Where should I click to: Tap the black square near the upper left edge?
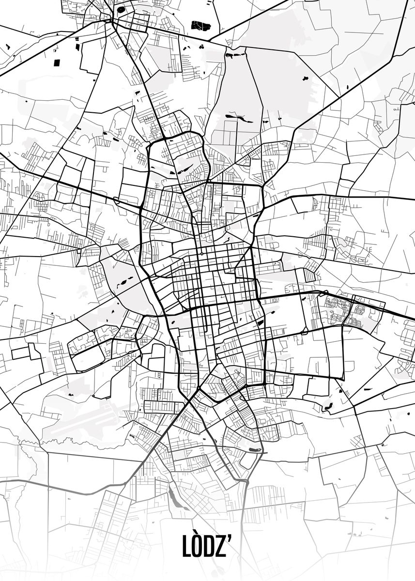pyautogui.click(x=57, y=62)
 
